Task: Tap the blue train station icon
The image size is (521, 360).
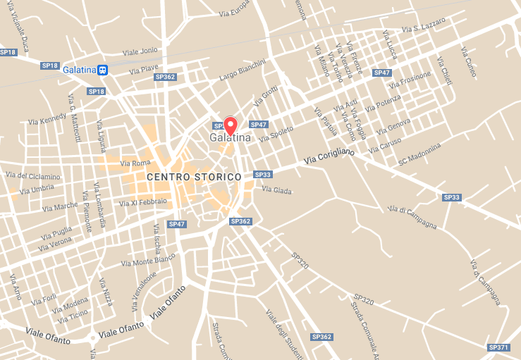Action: point(103,70)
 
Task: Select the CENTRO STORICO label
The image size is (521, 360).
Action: point(194,176)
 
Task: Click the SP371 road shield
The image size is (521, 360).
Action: point(498,347)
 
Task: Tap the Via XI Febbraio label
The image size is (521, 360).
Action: point(144,203)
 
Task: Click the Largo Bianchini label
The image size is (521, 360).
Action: point(243,69)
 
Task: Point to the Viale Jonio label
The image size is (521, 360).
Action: point(140,51)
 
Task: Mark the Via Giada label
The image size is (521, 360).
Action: point(276,189)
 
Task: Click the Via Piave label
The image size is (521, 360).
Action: point(144,69)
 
